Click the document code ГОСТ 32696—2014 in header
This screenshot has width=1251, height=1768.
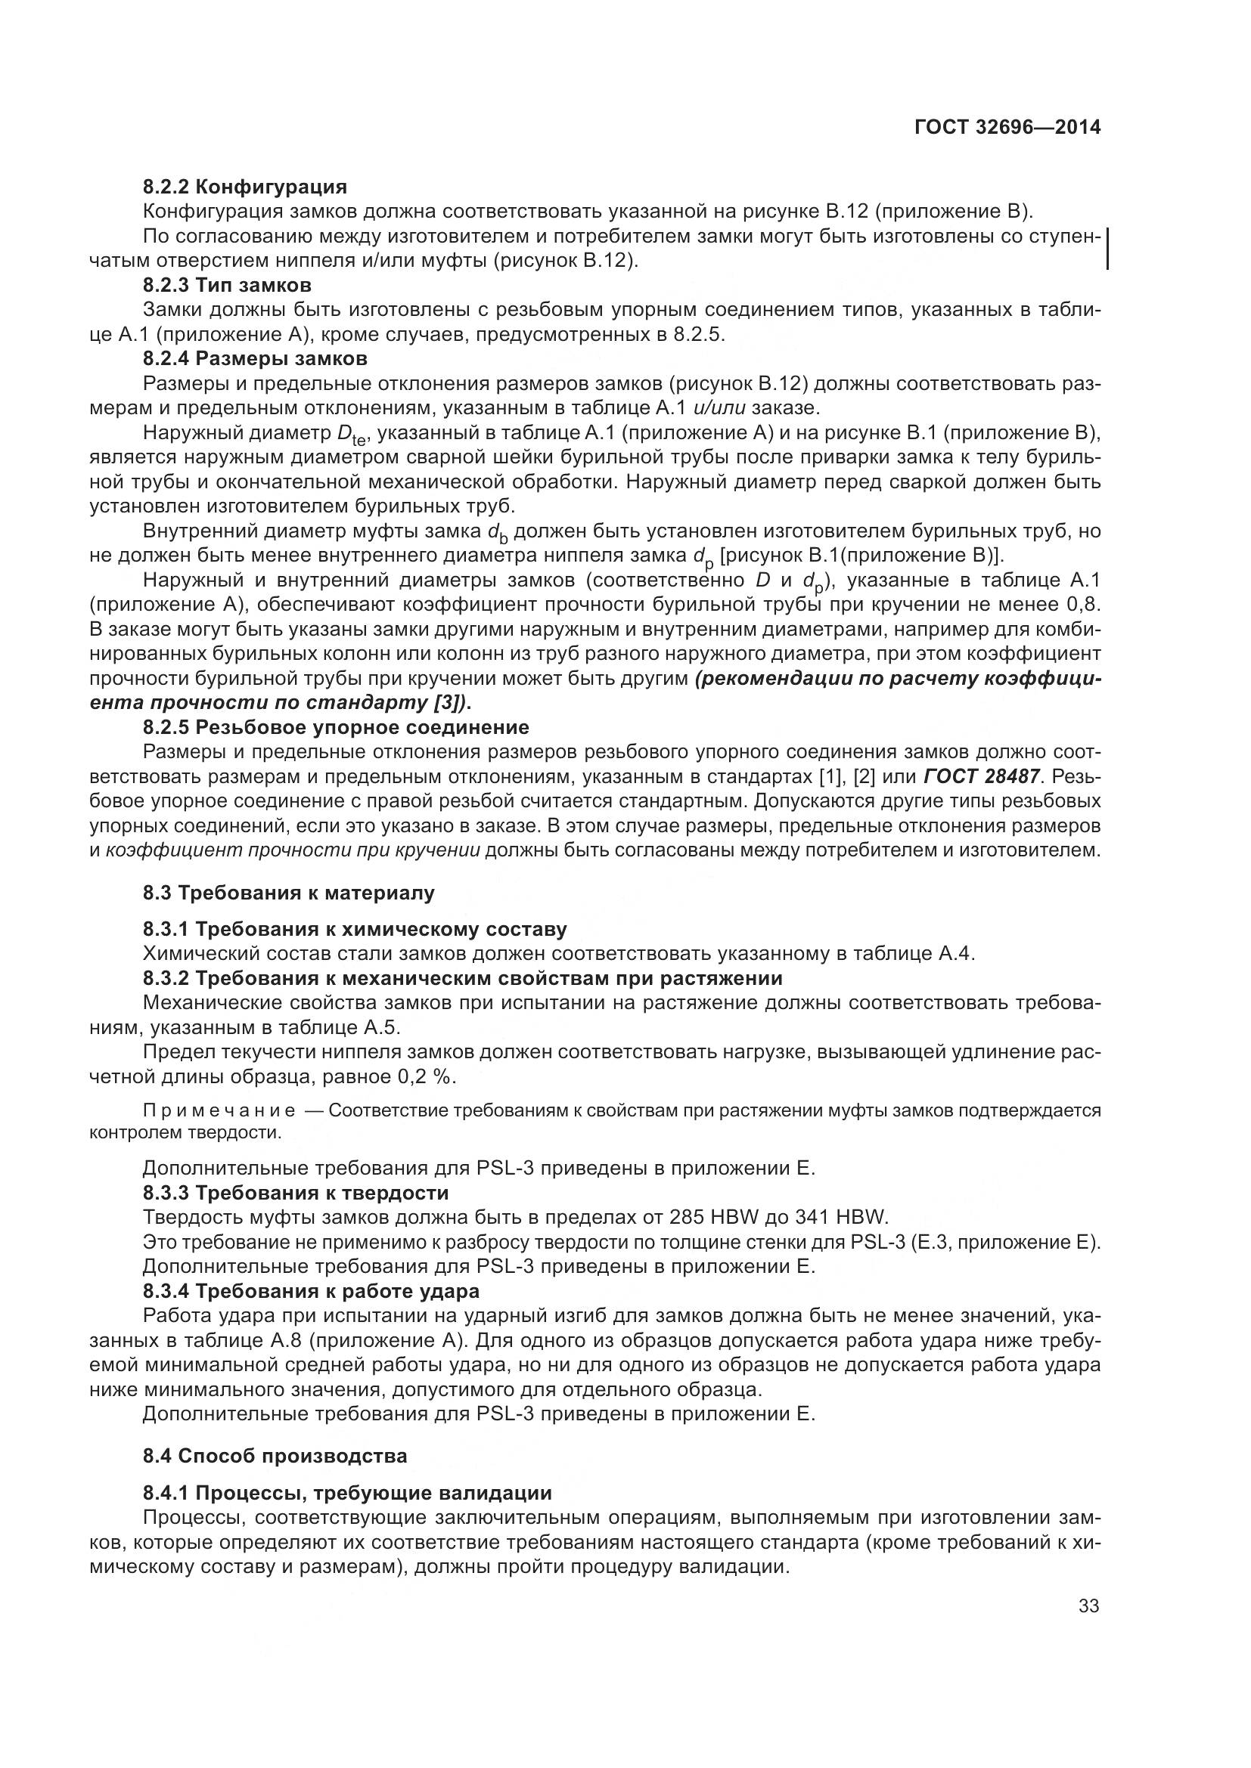click(1007, 128)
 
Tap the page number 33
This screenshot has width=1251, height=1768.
click(1088, 1605)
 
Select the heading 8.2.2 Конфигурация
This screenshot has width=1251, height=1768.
click(245, 187)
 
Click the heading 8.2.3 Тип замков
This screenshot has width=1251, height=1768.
click(227, 285)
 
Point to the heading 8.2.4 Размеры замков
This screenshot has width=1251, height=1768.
click(255, 358)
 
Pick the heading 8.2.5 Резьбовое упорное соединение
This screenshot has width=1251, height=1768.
click(336, 727)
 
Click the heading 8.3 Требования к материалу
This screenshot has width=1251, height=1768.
click(289, 893)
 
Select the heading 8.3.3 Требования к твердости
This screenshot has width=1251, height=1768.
click(296, 1193)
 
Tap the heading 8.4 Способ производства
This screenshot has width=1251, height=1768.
click(275, 1456)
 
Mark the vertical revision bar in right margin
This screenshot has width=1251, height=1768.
click(1107, 248)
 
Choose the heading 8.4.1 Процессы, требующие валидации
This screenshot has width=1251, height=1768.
click(347, 1493)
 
